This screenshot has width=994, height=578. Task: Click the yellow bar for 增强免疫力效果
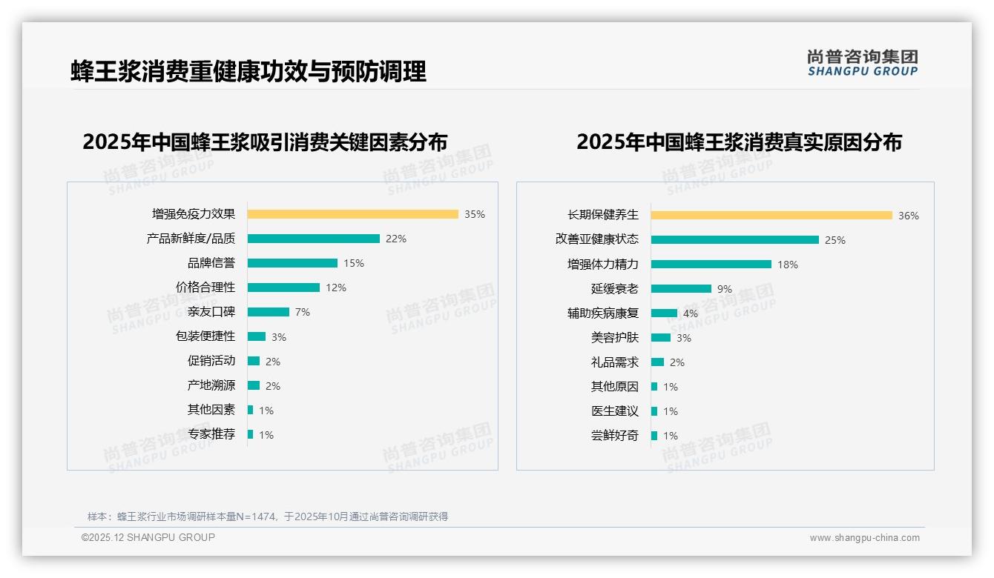[352, 214]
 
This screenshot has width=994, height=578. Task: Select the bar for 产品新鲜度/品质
[313, 239]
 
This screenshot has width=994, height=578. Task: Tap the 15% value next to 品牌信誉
[354, 263]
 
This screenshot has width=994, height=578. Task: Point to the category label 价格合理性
[205, 288]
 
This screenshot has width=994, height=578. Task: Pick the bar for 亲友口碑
[268, 312]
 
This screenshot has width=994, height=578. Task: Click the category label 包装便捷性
[205, 336]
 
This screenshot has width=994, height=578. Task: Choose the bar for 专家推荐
[250, 434]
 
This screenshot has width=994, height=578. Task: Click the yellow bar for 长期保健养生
[771, 216]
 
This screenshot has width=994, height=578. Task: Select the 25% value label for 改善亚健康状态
[835, 240]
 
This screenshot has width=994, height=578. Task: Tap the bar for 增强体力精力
[711, 265]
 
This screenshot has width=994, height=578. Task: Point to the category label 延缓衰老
[615, 289]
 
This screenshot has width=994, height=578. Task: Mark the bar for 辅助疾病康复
[664, 313]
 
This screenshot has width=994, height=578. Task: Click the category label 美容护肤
[615, 338]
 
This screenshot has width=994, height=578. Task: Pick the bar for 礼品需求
[657, 362]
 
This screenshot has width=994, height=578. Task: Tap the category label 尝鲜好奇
[615, 436]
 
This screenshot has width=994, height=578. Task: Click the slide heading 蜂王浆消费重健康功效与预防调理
[249, 71]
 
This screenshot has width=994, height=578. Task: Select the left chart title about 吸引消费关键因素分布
[265, 142]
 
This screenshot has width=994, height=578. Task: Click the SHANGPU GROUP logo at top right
[863, 62]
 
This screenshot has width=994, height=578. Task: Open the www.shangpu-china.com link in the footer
[864, 538]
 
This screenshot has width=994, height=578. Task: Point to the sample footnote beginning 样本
[268, 516]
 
